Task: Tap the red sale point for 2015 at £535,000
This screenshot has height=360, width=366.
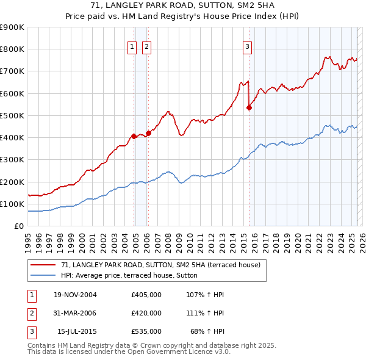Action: tap(249, 108)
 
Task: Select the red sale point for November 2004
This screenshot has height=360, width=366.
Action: tap(134, 136)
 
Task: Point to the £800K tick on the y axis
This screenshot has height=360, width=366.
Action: tap(12, 49)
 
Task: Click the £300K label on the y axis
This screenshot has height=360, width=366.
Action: tap(12, 159)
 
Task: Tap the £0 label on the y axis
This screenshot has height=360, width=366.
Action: tap(19, 226)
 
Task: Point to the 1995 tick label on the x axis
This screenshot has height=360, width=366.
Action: tap(28, 240)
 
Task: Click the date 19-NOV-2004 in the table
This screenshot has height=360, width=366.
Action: tap(75, 295)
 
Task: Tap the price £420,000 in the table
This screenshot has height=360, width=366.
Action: tap(146, 313)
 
